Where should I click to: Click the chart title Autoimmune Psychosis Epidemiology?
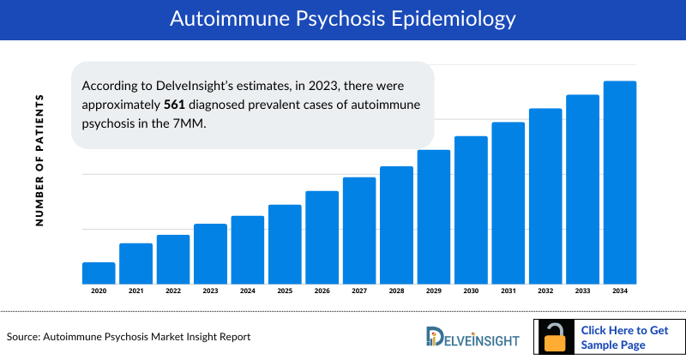click(343, 18)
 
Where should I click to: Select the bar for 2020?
click(99, 273)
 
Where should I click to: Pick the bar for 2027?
click(359, 231)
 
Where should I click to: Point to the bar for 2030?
click(471, 210)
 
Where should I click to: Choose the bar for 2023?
click(210, 254)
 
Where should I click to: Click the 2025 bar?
click(285, 244)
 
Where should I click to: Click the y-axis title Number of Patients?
click(39, 161)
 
